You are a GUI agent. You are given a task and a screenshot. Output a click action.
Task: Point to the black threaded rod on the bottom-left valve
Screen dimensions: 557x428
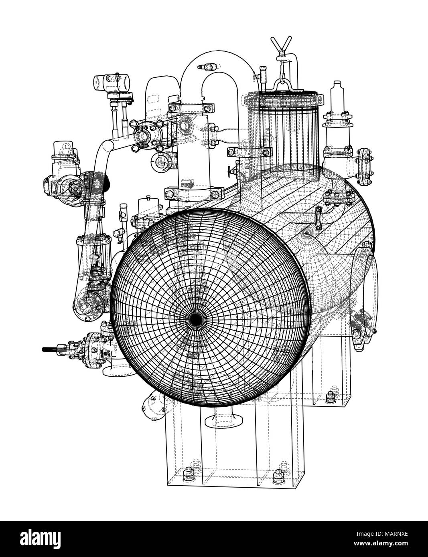click(50, 349)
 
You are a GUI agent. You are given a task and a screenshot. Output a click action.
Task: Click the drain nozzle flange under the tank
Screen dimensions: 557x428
click(223, 421)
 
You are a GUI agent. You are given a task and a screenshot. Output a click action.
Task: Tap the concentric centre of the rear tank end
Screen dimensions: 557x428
click(307, 232)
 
